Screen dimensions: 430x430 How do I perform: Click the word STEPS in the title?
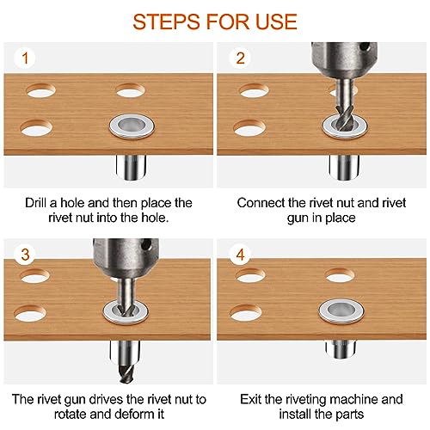point(166,21)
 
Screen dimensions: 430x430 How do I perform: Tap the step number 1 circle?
point(25,58)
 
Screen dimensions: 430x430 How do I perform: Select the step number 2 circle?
point(241,58)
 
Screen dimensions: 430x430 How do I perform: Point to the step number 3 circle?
point(25,255)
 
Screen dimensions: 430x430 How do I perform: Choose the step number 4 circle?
point(241,255)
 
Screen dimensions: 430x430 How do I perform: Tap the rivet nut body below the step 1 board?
point(132,168)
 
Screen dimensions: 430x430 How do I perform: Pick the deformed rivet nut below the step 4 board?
point(341,349)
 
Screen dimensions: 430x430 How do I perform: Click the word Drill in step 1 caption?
point(35,203)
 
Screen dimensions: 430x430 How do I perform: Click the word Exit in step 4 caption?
point(250,399)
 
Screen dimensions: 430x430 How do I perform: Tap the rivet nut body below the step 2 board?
point(344,168)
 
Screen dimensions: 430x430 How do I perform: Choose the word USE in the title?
point(276,21)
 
